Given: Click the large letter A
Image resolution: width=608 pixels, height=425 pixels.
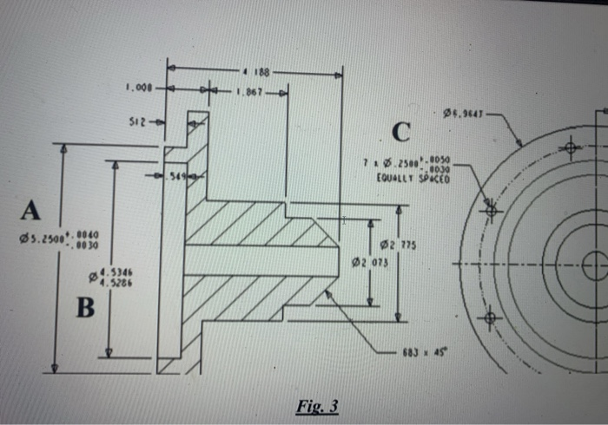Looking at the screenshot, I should click(31, 210).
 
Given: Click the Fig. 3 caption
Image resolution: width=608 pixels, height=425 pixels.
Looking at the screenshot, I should click(317, 406).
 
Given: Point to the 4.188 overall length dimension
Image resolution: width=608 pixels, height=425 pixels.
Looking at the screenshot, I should click(255, 72).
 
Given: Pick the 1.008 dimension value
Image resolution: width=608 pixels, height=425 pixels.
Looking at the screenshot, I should click(139, 88).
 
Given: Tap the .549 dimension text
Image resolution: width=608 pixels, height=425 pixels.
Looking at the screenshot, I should click(178, 177).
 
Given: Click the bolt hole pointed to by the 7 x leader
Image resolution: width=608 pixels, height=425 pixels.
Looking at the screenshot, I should click(492, 209).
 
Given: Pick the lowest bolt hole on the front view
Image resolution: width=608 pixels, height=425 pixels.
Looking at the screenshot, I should click(492, 318).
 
